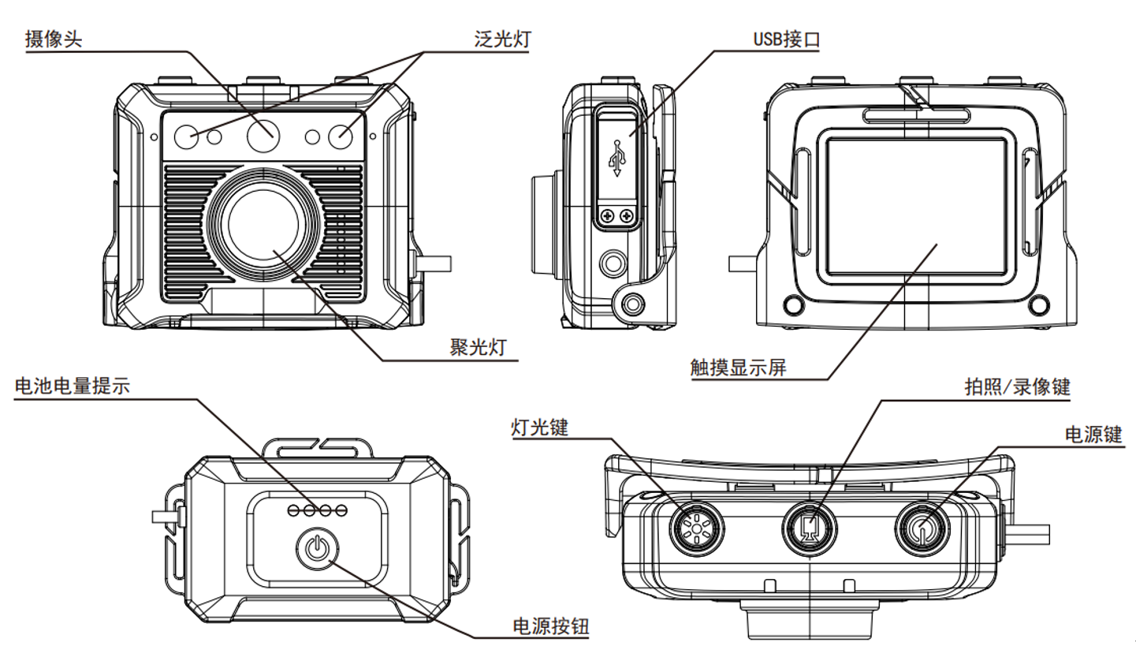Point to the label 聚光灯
tap(478, 348)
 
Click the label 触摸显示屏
tap(738, 368)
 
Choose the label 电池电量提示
tap(72, 387)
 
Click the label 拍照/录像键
tap(1018, 387)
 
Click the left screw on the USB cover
tap(607, 215)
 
